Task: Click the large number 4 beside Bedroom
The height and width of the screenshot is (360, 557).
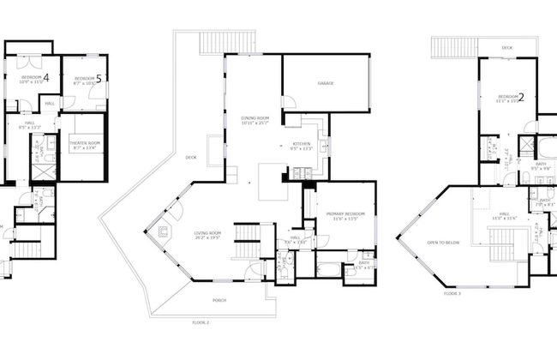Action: pos(45,78)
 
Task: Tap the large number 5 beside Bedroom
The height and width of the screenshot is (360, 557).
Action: pos(99,79)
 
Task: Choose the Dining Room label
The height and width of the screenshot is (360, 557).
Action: pos(255,117)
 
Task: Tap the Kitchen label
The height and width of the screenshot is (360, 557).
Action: pos(301,143)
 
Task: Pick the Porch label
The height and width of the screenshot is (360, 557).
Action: pos(220,300)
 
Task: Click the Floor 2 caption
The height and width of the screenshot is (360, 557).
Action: pos(201,321)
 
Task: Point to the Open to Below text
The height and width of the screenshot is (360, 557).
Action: pos(443,243)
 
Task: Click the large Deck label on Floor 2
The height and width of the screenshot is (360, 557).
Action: pos(191,157)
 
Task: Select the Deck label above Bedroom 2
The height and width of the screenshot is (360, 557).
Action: pos(507,47)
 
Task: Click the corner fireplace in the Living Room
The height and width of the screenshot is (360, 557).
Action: pos(164,230)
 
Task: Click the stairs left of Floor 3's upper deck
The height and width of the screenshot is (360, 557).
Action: pos(446,47)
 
